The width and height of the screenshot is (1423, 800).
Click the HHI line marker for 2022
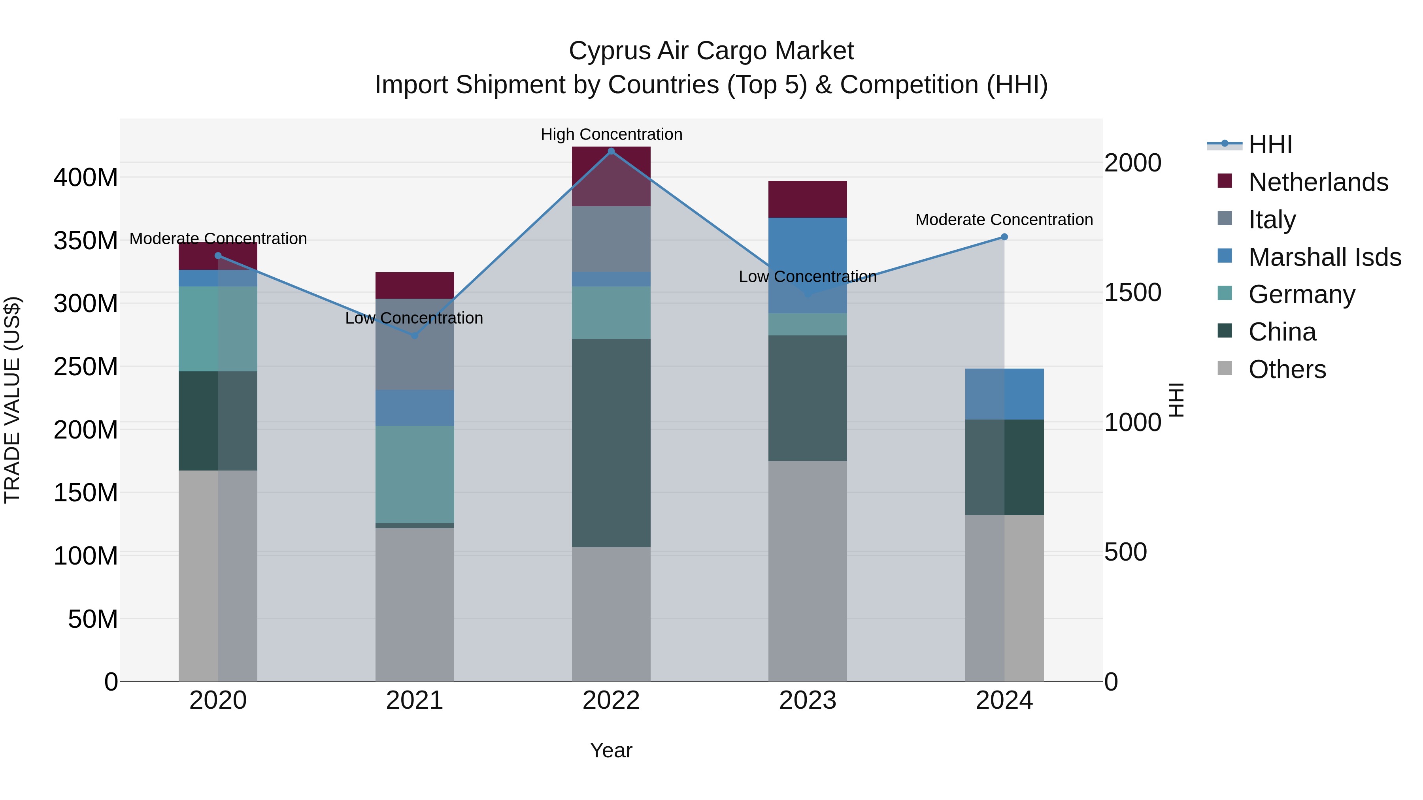click(611, 151)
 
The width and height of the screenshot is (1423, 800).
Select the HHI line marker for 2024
click(1004, 237)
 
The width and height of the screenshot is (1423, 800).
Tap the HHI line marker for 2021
click(415, 335)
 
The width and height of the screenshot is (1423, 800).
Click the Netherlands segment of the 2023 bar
click(808, 200)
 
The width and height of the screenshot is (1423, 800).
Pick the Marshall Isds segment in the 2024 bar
click(1004, 394)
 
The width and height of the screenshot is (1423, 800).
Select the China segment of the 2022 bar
click(611, 443)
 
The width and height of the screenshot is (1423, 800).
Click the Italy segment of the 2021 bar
click(415, 344)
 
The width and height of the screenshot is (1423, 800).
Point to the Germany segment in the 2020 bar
click(218, 329)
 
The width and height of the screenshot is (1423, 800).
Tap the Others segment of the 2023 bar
click(808, 571)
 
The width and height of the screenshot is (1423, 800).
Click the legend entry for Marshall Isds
click(1324, 257)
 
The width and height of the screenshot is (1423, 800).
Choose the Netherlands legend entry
click(1317, 182)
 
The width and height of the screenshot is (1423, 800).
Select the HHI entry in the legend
click(1269, 145)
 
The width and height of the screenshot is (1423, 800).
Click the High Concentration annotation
click(611, 135)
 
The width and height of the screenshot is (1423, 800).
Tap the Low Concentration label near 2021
click(414, 318)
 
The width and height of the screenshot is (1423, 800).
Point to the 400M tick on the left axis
click(86, 178)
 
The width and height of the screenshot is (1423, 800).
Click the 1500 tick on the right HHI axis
click(1132, 293)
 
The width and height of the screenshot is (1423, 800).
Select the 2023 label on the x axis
click(808, 700)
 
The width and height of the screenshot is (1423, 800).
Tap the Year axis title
click(611, 750)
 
